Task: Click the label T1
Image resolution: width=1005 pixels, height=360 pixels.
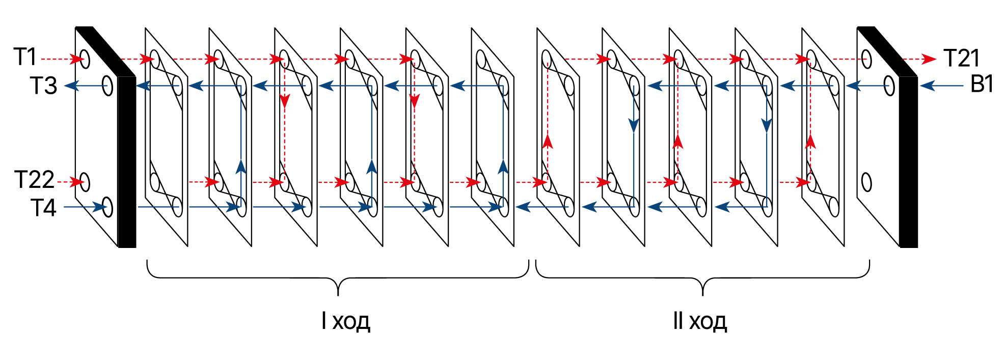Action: click(x=25, y=57)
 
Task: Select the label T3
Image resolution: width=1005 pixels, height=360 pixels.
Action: click(x=43, y=86)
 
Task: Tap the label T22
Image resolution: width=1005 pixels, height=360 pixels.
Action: click(x=34, y=180)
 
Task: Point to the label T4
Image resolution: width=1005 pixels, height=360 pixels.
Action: click(x=43, y=208)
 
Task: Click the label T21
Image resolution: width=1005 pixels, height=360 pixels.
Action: click(x=961, y=58)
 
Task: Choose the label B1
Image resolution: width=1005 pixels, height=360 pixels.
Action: click(x=982, y=85)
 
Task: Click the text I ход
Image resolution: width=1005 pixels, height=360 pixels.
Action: click(x=346, y=321)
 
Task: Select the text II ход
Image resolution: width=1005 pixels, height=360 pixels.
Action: click(x=699, y=321)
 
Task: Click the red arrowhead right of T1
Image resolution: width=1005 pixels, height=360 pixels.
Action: click(x=77, y=59)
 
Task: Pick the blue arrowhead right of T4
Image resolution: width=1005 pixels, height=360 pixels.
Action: click(x=100, y=207)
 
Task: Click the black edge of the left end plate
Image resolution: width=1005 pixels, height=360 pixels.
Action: click(x=127, y=162)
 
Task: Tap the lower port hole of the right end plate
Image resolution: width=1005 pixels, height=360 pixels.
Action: click(x=866, y=182)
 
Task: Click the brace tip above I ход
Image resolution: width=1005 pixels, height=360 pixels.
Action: click(x=338, y=293)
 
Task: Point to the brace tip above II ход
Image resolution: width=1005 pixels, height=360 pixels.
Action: click(x=702, y=293)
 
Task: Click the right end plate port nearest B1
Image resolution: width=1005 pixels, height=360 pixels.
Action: click(x=889, y=86)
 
